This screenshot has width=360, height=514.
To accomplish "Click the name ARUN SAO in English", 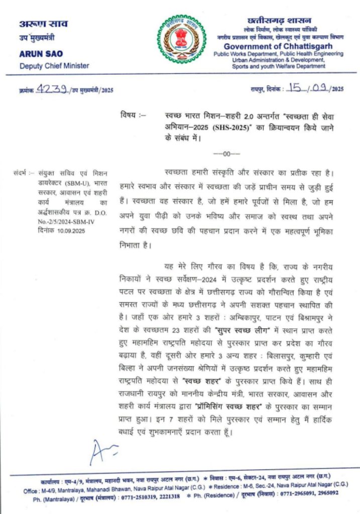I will click(x=41, y=54).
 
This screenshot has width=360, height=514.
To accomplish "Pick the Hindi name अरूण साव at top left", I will click(x=43, y=24).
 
